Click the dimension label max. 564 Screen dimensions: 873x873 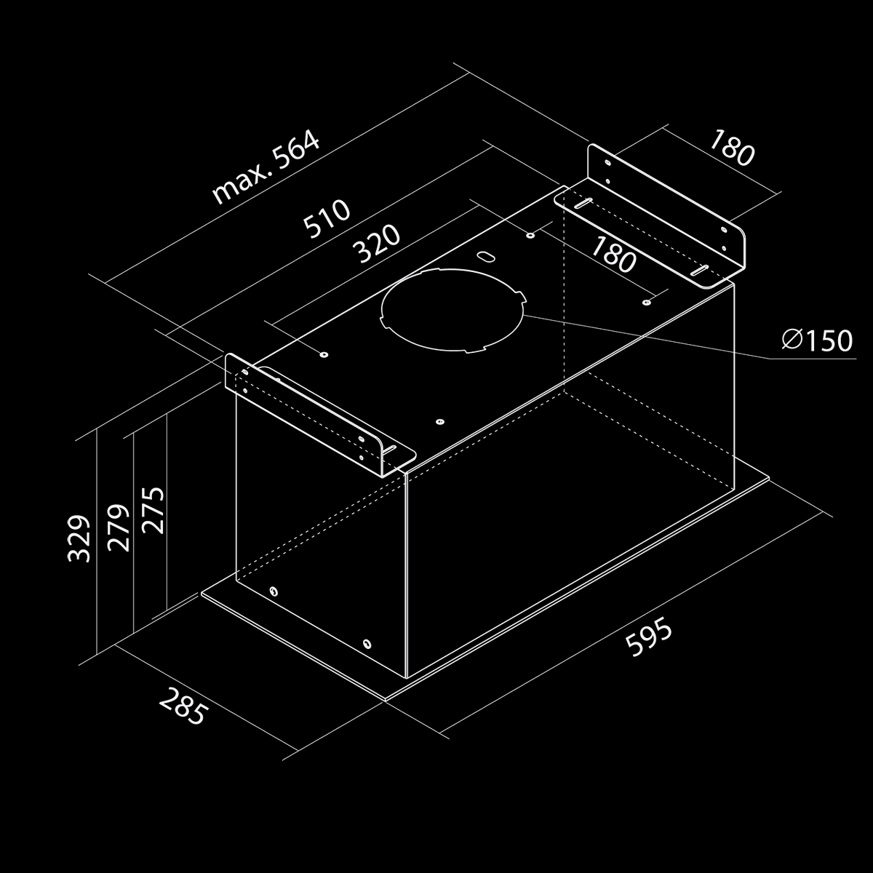pos(266,167)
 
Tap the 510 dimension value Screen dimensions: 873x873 pos(327,219)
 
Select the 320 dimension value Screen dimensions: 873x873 pos(377,244)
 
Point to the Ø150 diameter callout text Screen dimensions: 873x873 pos(817,340)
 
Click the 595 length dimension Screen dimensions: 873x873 pos(649,637)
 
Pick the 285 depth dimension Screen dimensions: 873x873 pos(183,706)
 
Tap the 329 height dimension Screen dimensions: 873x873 pos(79,538)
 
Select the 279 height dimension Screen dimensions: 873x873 pos(119,527)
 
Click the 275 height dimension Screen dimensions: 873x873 pos(153,511)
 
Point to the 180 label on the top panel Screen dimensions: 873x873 pos(614,255)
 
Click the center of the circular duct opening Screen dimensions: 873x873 pos(453,311)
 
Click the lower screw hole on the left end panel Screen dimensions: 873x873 pos(367,644)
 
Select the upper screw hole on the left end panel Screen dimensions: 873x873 pos(274,591)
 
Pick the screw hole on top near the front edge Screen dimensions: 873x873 pos(439,422)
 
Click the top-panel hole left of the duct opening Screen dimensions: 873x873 pos(324,354)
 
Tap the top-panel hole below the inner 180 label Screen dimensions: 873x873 pos(647,302)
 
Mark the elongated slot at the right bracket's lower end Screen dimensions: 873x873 pos(699,271)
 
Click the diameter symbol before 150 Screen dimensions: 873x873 pos(792,339)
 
